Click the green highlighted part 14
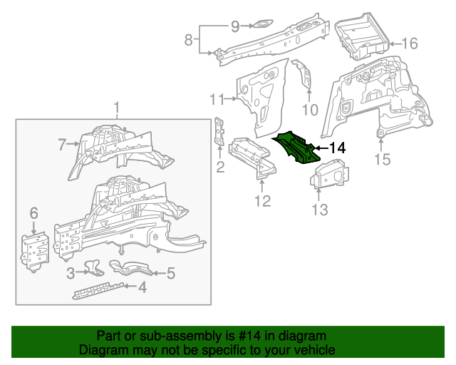tap(299, 148)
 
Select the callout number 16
tap(409, 43)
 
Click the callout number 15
tap(383, 160)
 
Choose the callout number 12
tap(262, 202)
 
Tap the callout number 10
tap(309, 109)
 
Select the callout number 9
tap(235, 26)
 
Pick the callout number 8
tap(189, 40)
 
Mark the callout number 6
tap(33, 213)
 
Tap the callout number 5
tap(170, 272)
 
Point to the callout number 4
tap(142, 287)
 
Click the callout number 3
tap(70, 272)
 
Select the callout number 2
tap(220, 168)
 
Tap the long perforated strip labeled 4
tap(100, 289)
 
